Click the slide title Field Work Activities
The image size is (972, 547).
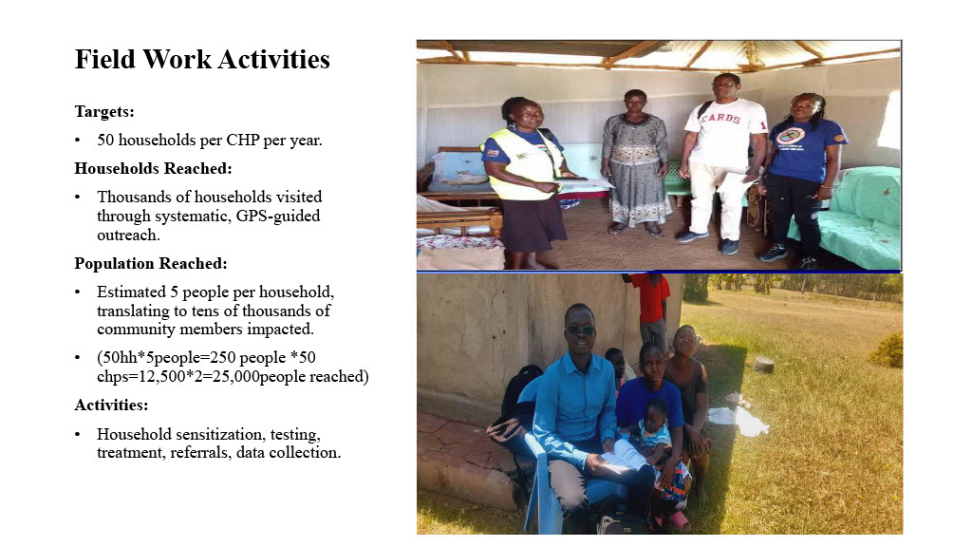tap(202, 60)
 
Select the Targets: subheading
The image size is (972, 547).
tap(104, 112)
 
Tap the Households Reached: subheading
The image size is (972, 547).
tap(153, 168)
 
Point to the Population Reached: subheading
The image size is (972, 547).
tap(151, 264)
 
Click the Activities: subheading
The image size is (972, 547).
tap(111, 405)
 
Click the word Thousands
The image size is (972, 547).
tap(131, 197)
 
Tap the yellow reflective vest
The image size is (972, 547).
tap(524, 162)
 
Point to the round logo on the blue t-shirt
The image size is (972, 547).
tap(791, 135)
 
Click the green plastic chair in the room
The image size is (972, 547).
tap(679, 176)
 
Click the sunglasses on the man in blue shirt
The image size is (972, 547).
tap(580, 330)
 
